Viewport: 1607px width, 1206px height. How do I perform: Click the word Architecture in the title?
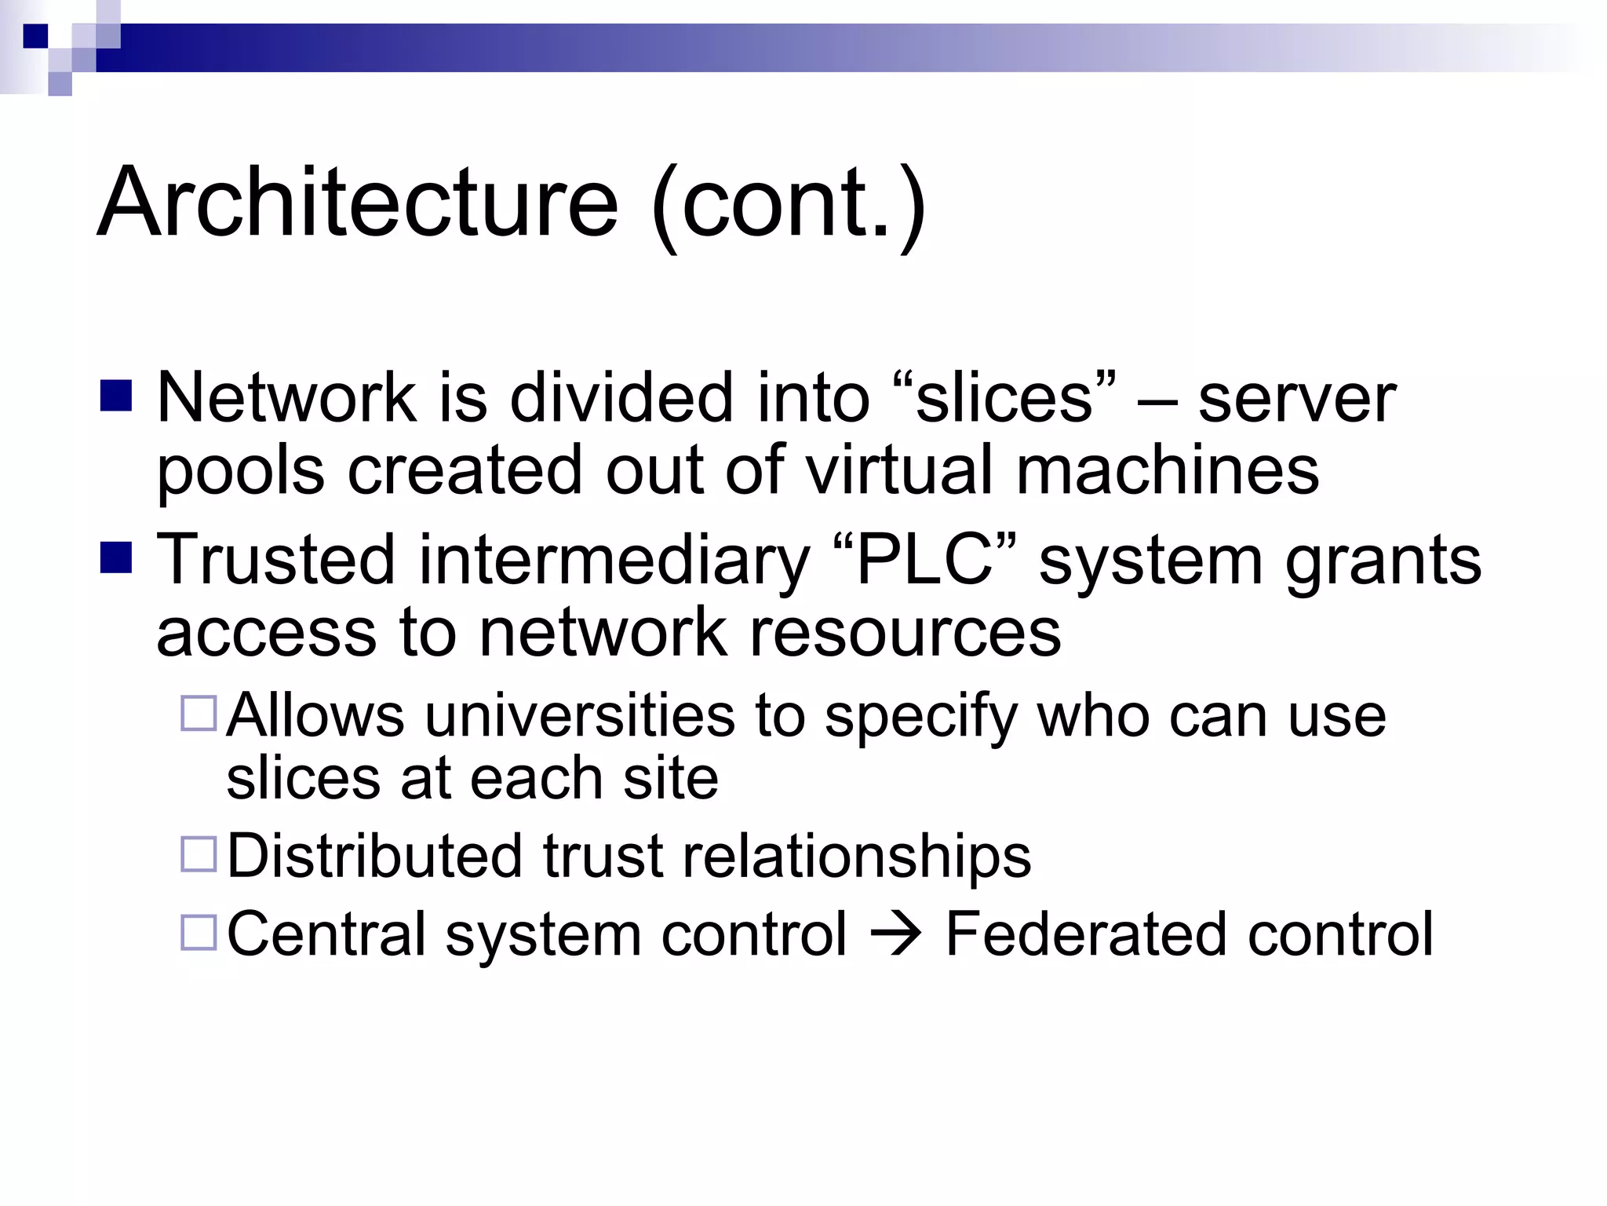click(358, 203)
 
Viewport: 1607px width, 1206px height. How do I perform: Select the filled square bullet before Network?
click(116, 397)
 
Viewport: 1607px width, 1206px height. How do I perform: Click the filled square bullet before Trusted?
click(116, 558)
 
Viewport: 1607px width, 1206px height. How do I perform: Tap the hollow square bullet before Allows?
click(199, 714)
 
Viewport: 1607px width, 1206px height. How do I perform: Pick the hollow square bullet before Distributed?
click(199, 854)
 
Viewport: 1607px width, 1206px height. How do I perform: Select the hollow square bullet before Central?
click(199, 933)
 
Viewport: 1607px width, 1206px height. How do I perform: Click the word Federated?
click(1084, 934)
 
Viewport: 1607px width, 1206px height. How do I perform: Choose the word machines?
click(1168, 470)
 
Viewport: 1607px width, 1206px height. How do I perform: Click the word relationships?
click(856, 857)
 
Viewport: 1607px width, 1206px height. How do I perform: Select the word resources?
click(905, 632)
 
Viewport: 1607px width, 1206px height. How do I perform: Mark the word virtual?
click(899, 470)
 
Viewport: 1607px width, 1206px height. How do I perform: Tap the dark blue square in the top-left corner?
click(35, 36)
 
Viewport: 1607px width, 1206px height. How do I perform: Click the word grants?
click(1383, 561)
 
